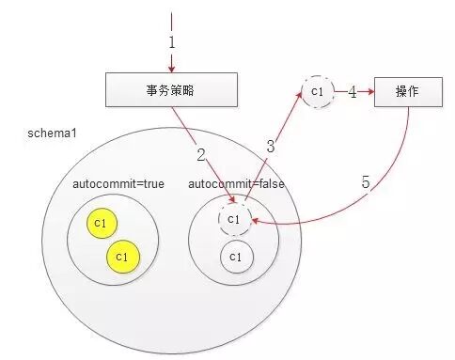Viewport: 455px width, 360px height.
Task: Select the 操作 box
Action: click(407, 92)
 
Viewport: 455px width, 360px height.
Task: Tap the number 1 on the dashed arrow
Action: click(172, 42)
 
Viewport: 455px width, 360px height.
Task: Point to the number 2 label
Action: click(200, 154)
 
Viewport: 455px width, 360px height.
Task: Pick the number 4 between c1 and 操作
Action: click(352, 93)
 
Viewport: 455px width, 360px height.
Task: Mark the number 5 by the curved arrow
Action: click(366, 180)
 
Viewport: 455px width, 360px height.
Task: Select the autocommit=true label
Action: click(118, 183)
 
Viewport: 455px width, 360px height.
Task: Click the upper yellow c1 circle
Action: click(100, 223)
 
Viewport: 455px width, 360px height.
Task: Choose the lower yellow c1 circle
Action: click(120, 255)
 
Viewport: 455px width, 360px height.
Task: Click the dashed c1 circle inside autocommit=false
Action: click(235, 219)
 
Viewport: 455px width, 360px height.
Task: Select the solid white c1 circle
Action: click(235, 256)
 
